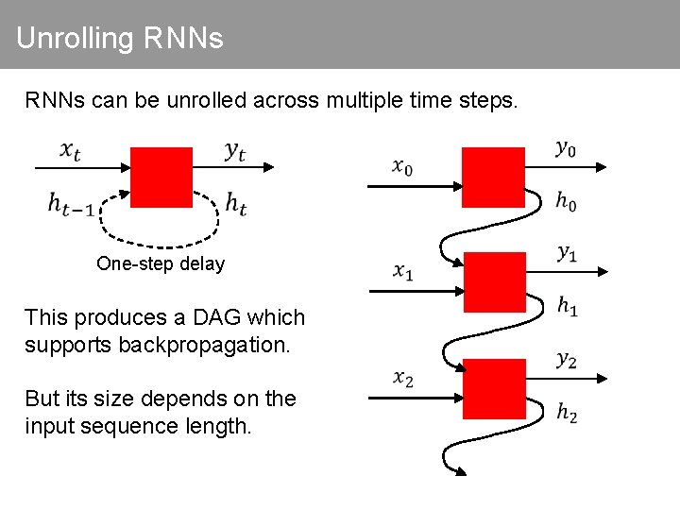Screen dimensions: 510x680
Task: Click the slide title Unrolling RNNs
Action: pyautogui.click(x=120, y=39)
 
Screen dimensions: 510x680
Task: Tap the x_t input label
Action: pyautogui.click(x=71, y=150)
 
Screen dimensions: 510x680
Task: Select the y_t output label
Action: pyautogui.click(x=235, y=150)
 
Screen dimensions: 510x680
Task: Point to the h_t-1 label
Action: pyautogui.click(x=71, y=202)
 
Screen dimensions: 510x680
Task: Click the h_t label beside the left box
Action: pyautogui.click(x=236, y=202)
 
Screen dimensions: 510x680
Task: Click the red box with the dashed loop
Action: pyautogui.click(x=161, y=177)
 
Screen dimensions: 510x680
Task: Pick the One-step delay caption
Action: pyautogui.click(x=161, y=263)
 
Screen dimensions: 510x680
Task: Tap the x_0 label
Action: pyautogui.click(x=402, y=167)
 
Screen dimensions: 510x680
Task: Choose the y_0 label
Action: pyautogui.click(x=565, y=148)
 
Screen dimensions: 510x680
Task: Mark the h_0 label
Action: pyautogui.click(x=567, y=200)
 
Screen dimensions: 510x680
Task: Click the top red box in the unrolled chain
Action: pyautogui.click(x=492, y=178)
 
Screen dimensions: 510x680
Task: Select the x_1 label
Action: pyautogui.click(x=403, y=272)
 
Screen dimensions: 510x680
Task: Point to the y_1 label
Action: pyautogui.click(x=567, y=253)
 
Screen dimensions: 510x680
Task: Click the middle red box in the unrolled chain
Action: pyautogui.click(x=495, y=281)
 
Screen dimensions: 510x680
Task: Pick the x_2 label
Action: pyautogui.click(x=403, y=378)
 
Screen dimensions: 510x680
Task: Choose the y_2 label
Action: pyautogui.click(x=567, y=359)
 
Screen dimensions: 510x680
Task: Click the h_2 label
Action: pyautogui.click(x=567, y=413)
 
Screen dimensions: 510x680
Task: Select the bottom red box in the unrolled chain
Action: pyautogui.click(x=495, y=388)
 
